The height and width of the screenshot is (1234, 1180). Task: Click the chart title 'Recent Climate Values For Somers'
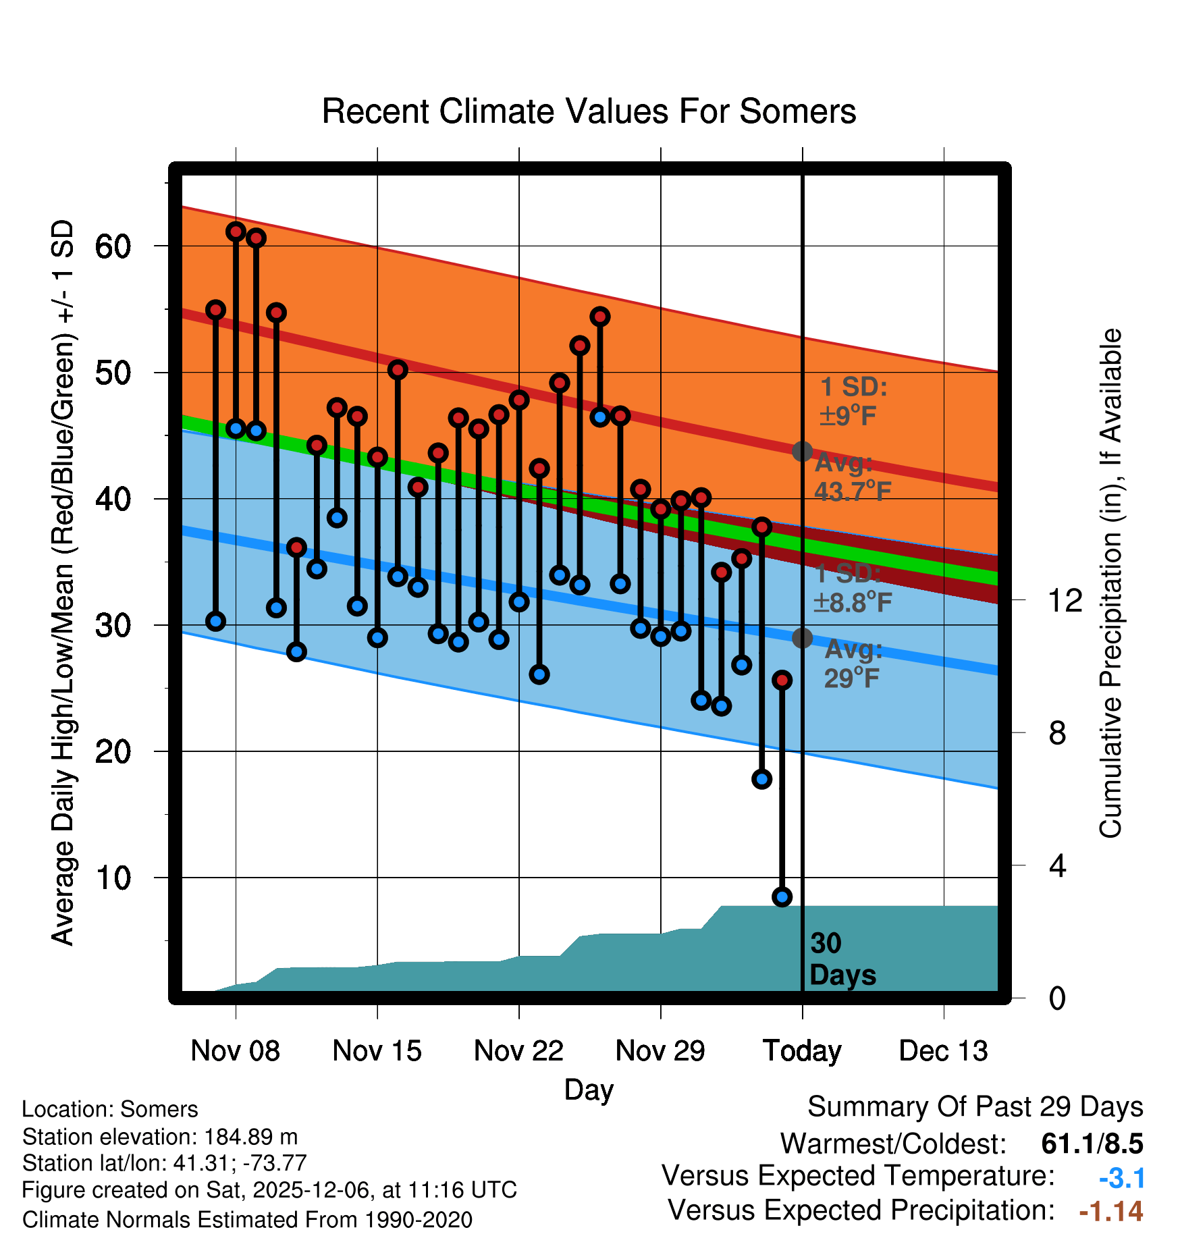click(x=589, y=111)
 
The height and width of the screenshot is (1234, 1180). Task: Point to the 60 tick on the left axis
click(x=113, y=246)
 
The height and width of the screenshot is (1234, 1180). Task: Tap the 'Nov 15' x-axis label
click(x=377, y=1051)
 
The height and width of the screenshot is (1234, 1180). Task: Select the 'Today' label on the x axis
click(x=802, y=1051)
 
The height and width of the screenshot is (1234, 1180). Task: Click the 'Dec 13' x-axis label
click(x=943, y=1051)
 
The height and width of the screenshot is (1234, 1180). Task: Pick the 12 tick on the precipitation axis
click(x=1065, y=600)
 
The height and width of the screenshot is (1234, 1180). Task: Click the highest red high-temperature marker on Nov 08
click(x=236, y=232)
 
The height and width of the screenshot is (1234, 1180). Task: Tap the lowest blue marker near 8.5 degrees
click(x=782, y=896)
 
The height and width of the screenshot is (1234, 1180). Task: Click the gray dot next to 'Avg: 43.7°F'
click(x=802, y=451)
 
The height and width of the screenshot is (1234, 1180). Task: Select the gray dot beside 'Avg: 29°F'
click(x=802, y=637)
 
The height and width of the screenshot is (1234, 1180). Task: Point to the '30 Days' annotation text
click(x=842, y=959)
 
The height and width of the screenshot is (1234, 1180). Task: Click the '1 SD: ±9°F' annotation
click(x=853, y=402)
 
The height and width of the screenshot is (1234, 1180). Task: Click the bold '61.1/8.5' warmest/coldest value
click(x=1092, y=1144)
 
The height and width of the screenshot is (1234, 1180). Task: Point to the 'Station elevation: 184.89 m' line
click(x=160, y=1137)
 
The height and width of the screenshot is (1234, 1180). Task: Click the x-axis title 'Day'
click(x=589, y=1090)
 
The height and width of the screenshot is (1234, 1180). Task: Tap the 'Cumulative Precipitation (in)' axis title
click(x=1110, y=583)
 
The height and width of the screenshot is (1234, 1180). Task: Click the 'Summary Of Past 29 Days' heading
click(x=975, y=1107)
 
